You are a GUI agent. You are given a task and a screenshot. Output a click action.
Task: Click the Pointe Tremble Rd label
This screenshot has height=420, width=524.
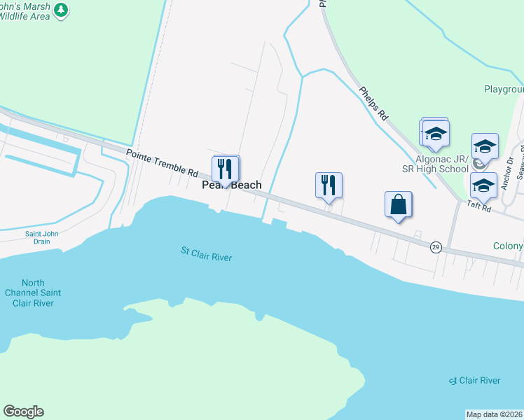point(162,162)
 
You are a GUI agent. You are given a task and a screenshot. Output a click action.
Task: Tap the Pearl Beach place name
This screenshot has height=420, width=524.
point(232,185)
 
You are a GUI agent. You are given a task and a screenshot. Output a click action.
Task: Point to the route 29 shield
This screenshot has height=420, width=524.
point(435,247)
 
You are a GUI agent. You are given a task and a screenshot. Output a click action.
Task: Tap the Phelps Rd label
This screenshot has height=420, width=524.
point(373,104)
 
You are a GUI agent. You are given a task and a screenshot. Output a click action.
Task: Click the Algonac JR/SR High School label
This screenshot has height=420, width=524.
point(442,164)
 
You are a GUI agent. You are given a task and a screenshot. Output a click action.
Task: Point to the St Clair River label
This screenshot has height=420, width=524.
point(206,253)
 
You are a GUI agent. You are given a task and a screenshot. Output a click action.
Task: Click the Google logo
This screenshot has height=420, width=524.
point(23,412)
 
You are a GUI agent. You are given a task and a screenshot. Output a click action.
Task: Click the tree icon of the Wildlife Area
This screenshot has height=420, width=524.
point(62,10)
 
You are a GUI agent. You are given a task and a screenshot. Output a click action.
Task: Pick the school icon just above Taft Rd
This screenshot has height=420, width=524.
point(483,186)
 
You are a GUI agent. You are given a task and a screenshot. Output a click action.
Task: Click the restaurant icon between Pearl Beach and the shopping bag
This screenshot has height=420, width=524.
point(329,185)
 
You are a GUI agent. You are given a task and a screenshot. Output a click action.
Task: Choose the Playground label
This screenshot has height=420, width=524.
point(504,90)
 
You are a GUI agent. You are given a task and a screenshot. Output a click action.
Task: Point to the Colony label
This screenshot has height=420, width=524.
point(508,246)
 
